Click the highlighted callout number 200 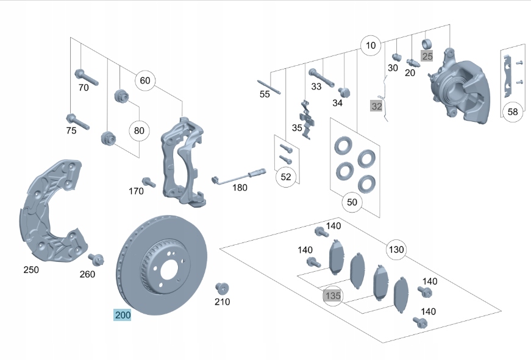tap(123, 315)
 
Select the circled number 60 tap(144, 80)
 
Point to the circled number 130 tap(396, 249)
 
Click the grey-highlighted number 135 tap(332, 296)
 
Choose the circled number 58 tap(513, 111)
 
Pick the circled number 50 tap(352, 202)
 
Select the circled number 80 tap(139, 130)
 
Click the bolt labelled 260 tap(96, 259)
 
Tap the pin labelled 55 tap(269, 87)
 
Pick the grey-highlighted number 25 tap(427, 56)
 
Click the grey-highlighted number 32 tap(376, 107)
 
